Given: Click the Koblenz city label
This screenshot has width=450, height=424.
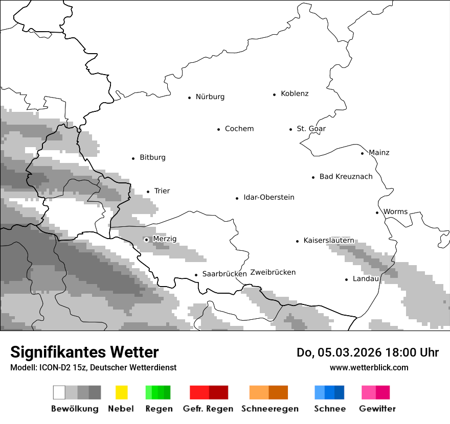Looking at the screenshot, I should click(x=295, y=93).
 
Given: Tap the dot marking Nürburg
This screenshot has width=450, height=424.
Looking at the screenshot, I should click(x=189, y=97).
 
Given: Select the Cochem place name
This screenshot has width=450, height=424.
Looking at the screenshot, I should click(x=239, y=129).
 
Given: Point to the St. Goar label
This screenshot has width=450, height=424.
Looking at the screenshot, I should click(x=311, y=129).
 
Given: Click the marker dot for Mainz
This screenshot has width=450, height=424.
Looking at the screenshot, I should click(x=362, y=153).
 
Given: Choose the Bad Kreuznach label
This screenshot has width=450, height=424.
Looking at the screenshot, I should click(x=346, y=177).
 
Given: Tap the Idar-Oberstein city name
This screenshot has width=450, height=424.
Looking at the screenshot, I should click(x=268, y=198).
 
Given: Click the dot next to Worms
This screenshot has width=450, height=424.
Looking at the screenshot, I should click(x=377, y=213).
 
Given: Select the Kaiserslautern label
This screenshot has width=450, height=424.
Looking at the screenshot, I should click(x=328, y=241).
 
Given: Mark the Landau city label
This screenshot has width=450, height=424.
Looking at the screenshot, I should click(x=365, y=279).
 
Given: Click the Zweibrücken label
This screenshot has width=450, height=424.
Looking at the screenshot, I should click(x=273, y=272).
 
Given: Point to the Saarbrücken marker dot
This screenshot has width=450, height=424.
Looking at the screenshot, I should click(x=196, y=275).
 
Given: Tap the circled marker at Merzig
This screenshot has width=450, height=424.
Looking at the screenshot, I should click(x=146, y=240).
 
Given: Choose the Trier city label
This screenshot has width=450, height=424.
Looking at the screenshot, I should click(x=162, y=191).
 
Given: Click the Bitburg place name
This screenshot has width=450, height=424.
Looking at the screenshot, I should click(x=152, y=157).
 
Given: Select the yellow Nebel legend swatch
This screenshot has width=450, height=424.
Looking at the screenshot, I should click(x=121, y=392).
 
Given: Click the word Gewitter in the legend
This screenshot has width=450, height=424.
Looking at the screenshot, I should click(x=377, y=409).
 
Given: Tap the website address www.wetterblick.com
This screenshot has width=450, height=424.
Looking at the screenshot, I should click(x=369, y=367).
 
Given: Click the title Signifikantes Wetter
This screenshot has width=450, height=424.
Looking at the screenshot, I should click(x=84, y=352).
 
